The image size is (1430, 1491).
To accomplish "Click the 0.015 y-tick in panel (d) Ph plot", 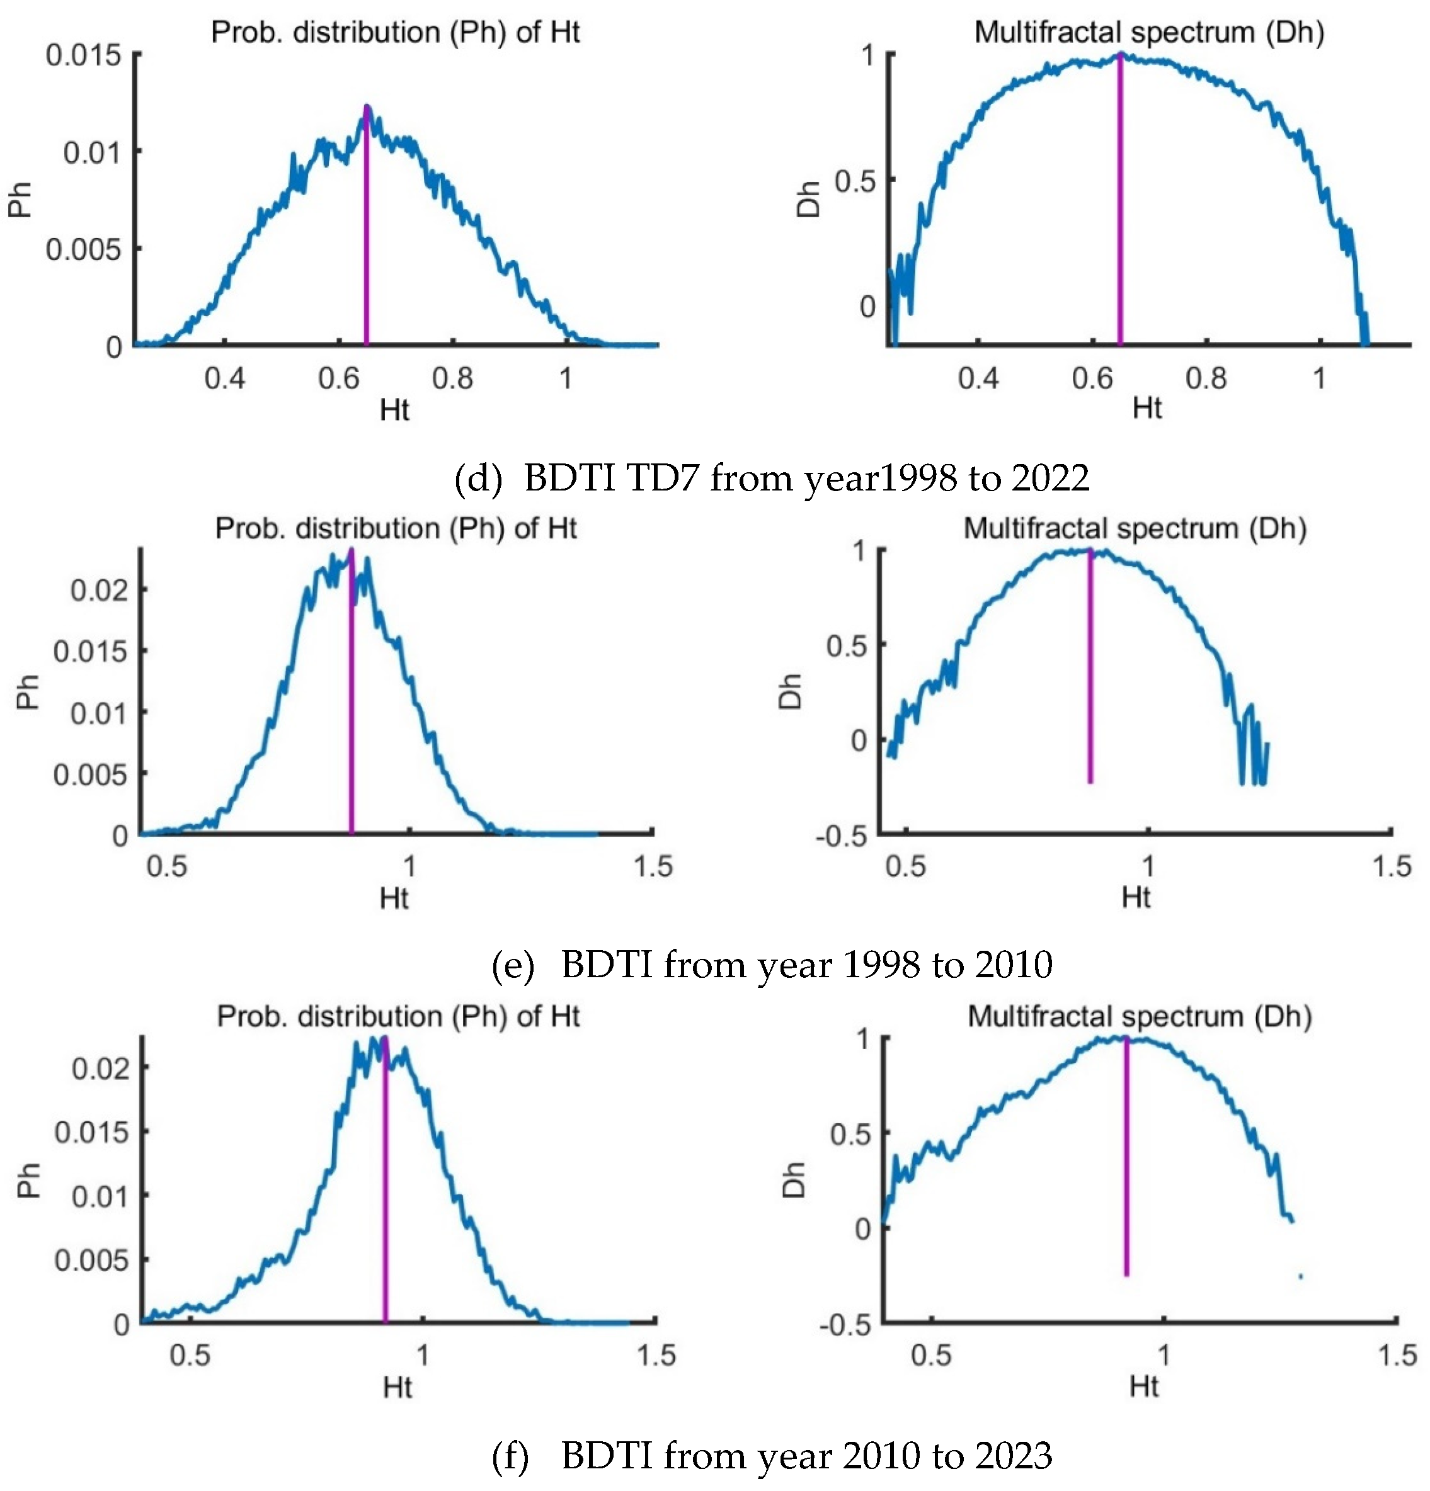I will [84, 55].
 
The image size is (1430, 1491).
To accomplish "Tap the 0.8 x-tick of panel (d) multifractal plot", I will [1206, 378].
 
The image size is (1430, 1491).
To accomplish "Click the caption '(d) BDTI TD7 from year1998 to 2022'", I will [772, 479].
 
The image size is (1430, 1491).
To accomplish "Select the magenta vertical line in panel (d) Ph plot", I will [366, 228].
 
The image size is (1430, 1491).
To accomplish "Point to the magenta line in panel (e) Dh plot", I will [1090, 669].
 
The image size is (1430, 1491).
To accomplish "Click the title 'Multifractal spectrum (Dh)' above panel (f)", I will [1140, 1017].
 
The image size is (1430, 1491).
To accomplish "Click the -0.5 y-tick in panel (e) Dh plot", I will [841, 836].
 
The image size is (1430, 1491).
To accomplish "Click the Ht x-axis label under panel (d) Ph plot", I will [394, 411].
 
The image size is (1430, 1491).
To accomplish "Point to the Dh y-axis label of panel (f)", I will [794, 1179].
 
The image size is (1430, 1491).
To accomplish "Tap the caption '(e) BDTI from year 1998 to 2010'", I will [772, 965].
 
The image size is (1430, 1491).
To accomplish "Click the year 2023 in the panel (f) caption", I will [1014, 1455].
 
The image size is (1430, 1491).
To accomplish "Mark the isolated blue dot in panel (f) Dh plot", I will [1301, 1276].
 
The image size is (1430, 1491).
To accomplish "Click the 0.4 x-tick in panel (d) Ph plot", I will [224, 378].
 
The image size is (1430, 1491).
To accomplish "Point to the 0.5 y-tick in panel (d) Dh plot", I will [855, 182].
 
